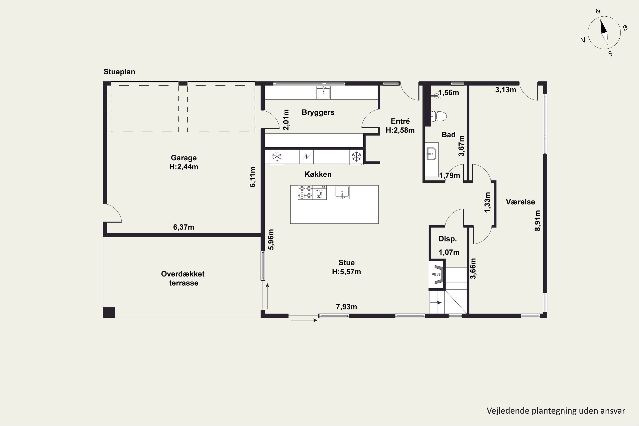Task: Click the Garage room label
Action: [x=184, y=158]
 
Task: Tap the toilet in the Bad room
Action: [x=439, y=116]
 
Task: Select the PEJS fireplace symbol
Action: [x=437, y=274]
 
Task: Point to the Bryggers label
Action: [x=318, y=112]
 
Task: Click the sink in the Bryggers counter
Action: [x=323, y=92]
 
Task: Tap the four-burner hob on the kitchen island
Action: [x=305, y=192]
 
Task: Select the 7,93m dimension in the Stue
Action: [x=346, y=307]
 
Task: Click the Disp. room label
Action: [x=448, y=239]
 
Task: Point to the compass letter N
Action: [x=598, y=12]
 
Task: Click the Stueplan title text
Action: [x=119, y=72]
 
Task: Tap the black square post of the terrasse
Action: [x=109, y=312]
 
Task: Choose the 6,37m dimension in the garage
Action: [x=184, y=227]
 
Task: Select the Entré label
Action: [x=400, y=121]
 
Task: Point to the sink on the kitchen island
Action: [x=342, y=192]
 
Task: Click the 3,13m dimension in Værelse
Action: [x=506, y=90]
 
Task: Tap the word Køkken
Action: [x=318, y=174]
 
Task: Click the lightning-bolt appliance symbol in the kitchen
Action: [x=307, y=157]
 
